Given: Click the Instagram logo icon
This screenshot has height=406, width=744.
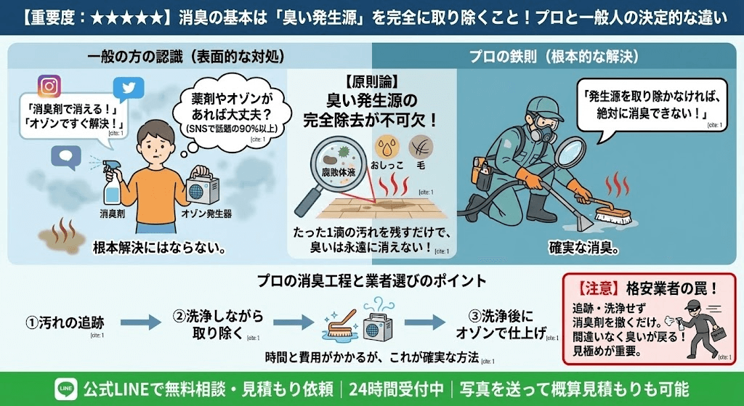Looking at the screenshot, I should tap(49, 86).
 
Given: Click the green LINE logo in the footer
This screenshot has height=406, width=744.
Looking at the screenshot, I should tap(65, 389).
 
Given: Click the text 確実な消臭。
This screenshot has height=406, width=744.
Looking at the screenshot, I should tap(583, 248).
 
